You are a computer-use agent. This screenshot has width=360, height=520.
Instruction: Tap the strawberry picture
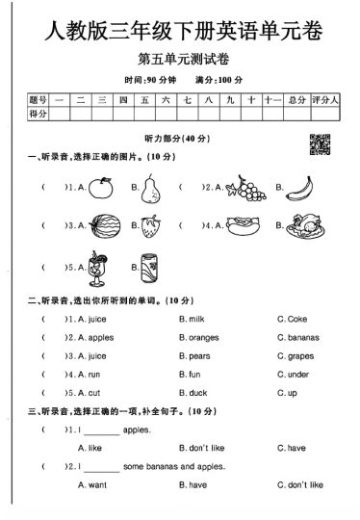149,228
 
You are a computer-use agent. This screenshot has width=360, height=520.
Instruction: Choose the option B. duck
193,392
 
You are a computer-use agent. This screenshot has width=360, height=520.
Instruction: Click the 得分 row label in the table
38,114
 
